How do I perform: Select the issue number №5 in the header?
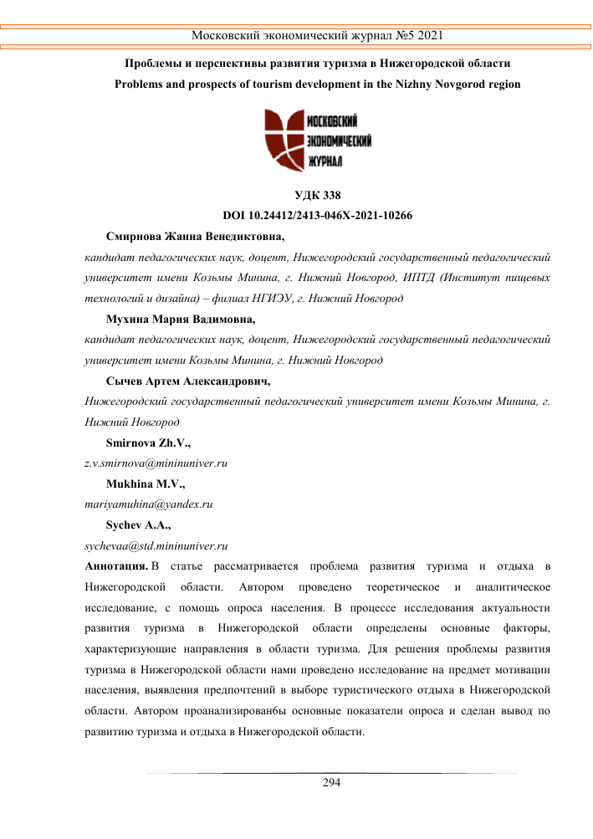pos(401,36)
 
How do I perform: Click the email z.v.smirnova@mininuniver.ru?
pos(156,463)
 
